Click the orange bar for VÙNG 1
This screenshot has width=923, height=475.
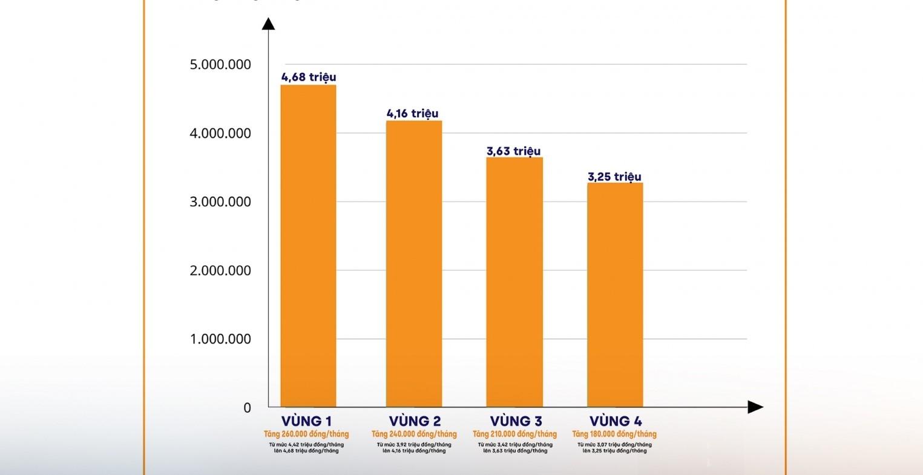(308, 246)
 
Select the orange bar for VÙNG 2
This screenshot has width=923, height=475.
(414, 263)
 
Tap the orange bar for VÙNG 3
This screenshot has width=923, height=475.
(514, 282)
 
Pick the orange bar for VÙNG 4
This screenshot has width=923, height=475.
(615, 295)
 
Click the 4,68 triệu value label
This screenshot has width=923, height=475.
(309, 77)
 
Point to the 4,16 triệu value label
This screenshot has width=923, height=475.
(413, 113)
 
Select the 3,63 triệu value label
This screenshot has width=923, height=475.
(514, 151)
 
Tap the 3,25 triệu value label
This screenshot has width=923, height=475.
(614, 177)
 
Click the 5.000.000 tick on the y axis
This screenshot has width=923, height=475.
(220, 64)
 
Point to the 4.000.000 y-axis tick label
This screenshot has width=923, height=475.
(220, 133)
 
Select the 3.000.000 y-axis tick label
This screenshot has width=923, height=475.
(220, 201)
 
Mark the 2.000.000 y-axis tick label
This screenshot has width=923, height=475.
(220, 270)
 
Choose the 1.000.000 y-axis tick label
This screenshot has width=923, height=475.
(220, 339)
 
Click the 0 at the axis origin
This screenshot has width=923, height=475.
(247, 408)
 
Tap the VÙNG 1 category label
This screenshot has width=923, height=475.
(306, 421)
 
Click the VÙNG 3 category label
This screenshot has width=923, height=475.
(516, 421)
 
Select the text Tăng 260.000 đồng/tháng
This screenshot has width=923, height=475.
(306, 434)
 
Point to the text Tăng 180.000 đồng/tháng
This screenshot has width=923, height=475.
(614, 434)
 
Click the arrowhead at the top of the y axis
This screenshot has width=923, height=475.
(268, 24)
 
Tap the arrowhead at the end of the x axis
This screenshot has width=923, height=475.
(755, 407)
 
